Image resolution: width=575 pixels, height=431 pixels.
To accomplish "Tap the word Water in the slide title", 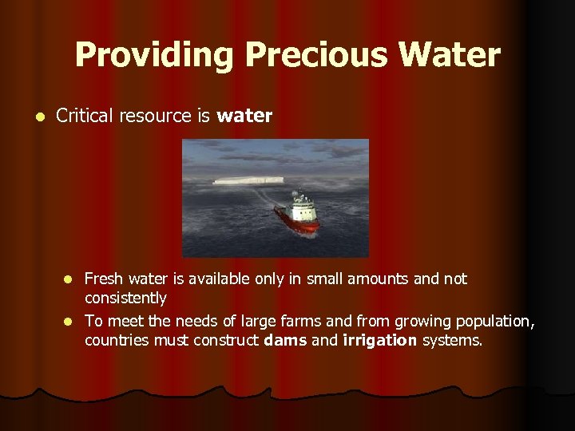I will tap(451, 55).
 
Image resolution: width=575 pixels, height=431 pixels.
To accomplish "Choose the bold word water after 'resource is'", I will tap(244, 117).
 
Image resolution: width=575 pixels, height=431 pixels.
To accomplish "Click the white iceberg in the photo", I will tap(247, 180).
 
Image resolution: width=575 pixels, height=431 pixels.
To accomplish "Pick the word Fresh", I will tap(103, 279).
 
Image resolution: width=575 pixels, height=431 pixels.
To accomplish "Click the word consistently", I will tap(125, 299).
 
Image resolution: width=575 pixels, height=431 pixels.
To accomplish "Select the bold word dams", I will tap(285, 340).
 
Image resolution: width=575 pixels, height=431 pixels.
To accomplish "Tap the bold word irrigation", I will tap(379, 340).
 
